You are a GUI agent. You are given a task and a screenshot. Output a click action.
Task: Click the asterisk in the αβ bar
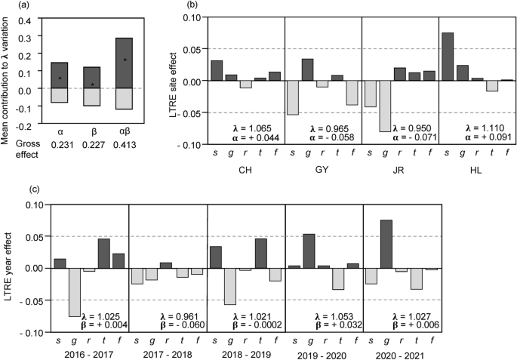(x=125, y=60)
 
